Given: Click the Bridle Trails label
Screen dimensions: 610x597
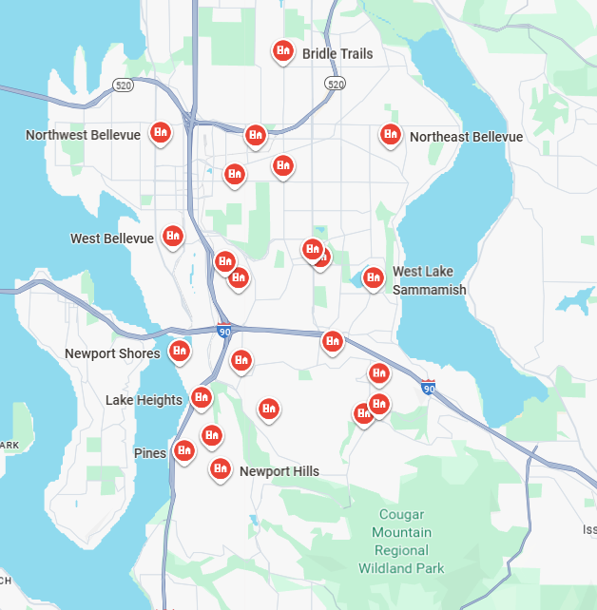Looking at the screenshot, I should coord(337,54).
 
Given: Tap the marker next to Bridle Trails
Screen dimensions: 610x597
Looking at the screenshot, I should coord(282,50).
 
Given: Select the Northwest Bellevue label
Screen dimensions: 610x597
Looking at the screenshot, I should coord(83,136).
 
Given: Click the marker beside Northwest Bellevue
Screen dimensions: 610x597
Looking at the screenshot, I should coord(162,133).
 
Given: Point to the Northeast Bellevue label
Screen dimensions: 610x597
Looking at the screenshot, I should coord(466,137).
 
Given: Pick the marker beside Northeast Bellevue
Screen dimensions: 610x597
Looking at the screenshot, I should coord(390,134).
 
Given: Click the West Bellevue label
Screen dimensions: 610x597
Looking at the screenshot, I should coord(111,238).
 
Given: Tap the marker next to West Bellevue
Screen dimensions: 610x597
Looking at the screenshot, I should coord(173,235).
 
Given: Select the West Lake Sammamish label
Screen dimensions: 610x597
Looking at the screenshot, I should coord(429,280).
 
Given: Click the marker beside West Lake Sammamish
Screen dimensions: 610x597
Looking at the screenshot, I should coord(374,276).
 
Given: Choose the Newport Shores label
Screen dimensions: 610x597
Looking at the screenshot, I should coord(112,354).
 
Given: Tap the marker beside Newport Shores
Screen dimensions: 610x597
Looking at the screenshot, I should coord(179,351).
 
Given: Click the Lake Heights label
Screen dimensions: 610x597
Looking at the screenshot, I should coord(144,400).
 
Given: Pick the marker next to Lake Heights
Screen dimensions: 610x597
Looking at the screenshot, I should coord(201,396).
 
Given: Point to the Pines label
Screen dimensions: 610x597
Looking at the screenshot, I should coord(150,453).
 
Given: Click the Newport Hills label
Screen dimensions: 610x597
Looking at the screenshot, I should coord(279,471).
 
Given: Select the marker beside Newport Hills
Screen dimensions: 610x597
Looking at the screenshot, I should coord(221,467).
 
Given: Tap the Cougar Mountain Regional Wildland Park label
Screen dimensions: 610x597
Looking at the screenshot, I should coord(401,542).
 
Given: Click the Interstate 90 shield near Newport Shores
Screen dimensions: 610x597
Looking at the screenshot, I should coord(223,332).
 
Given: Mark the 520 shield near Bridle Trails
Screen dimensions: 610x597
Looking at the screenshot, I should coord(335,85).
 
